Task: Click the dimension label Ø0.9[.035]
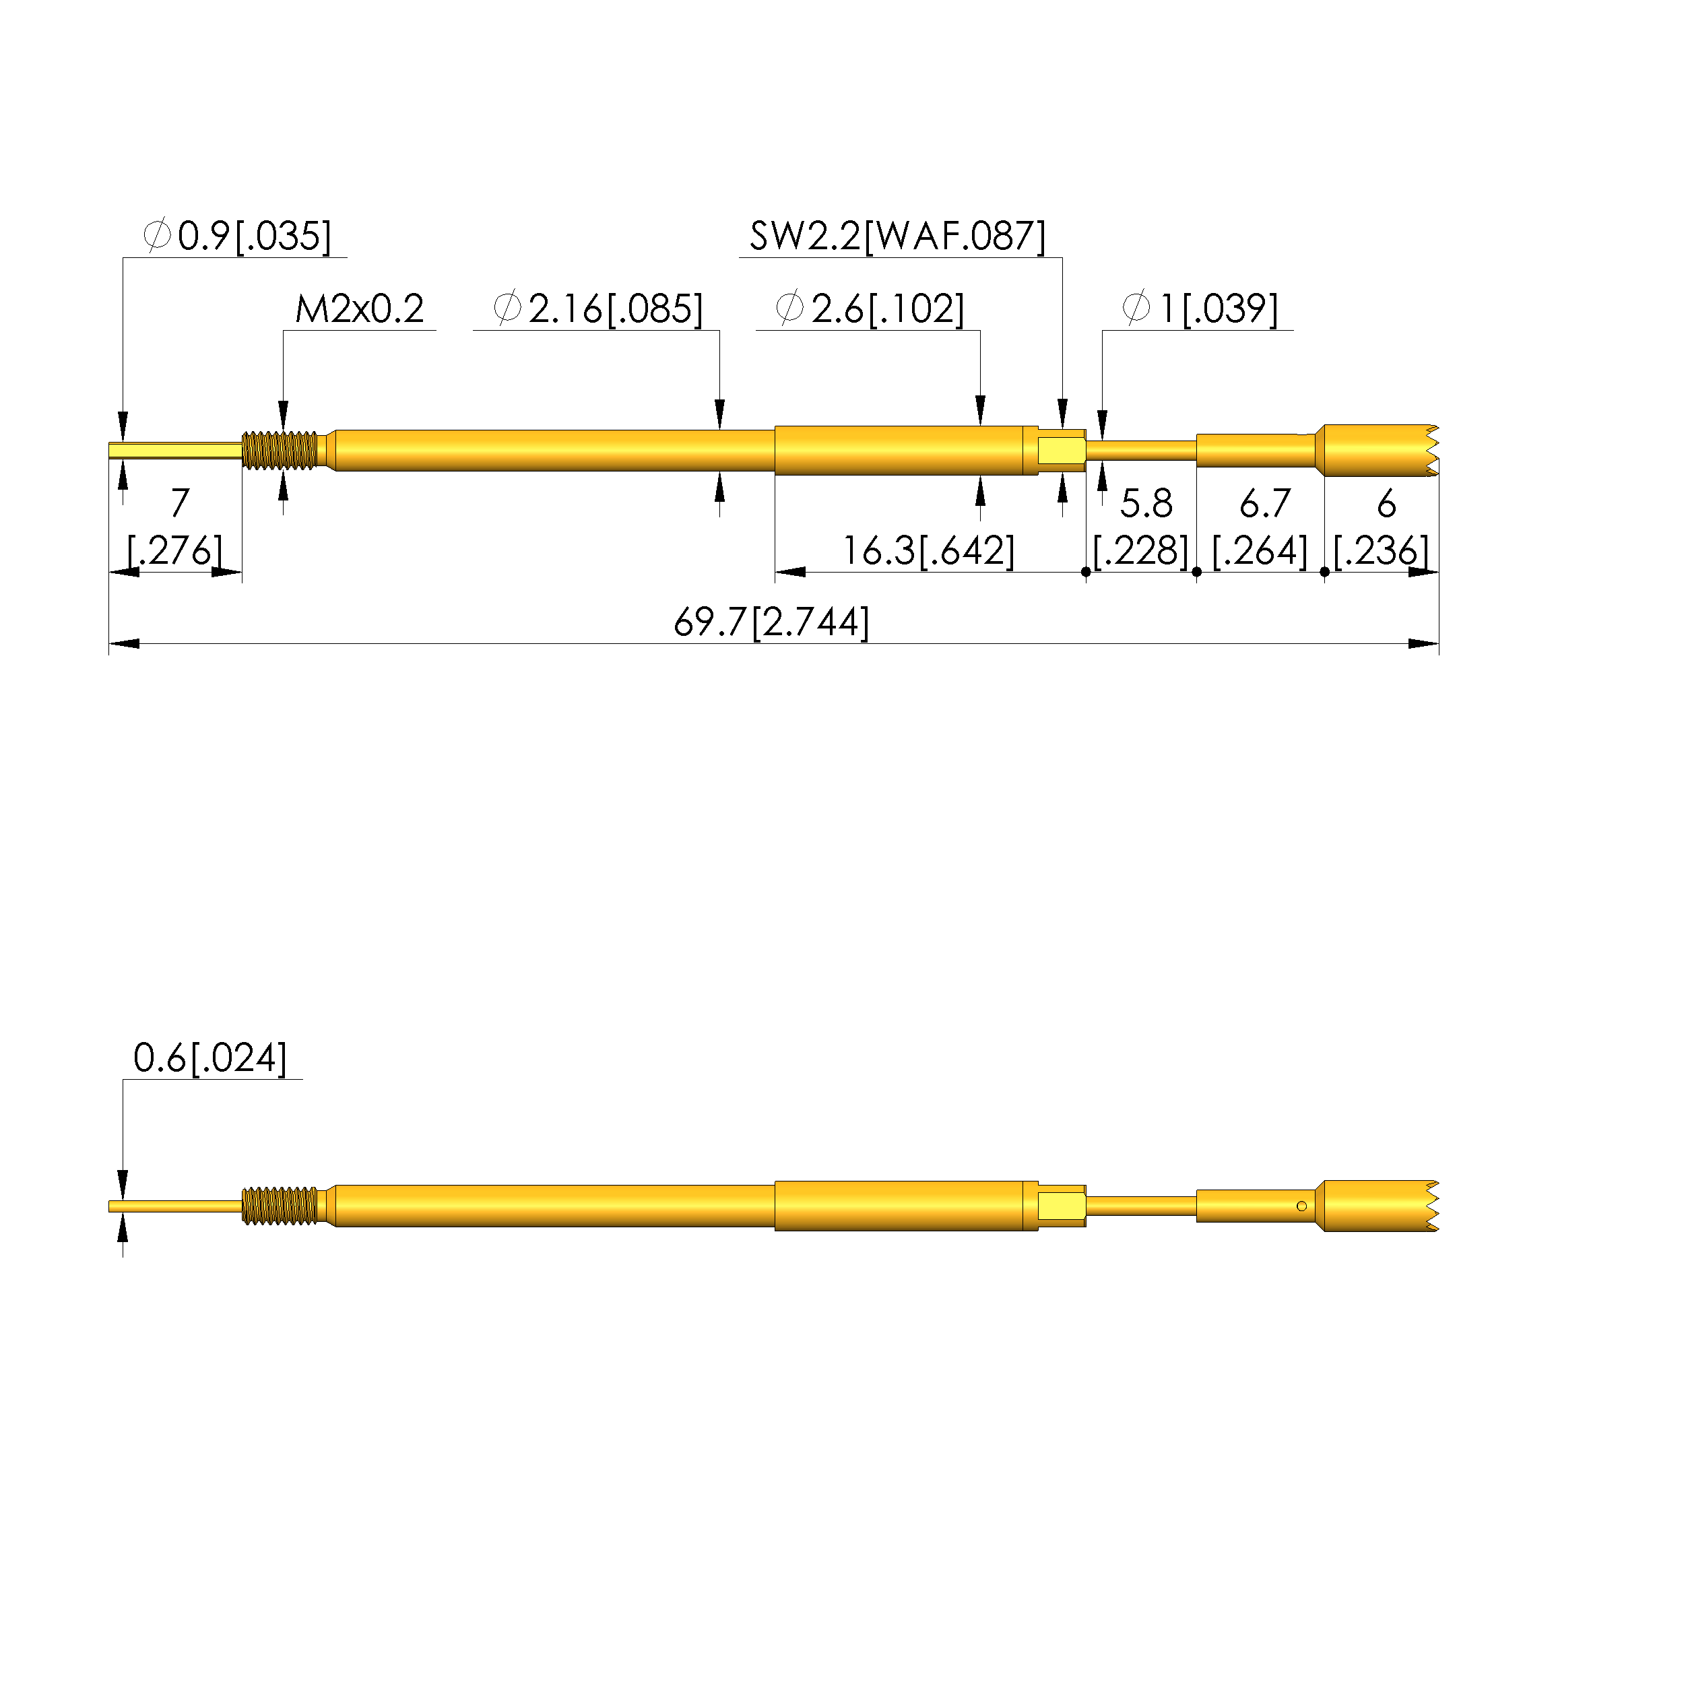(x=237, y=236)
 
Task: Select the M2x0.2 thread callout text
(x=360, y=309)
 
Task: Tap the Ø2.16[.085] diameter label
(x=597, y=309)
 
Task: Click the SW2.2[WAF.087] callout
(x=897, y=236)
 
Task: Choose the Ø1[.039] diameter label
(x=1200, y=309)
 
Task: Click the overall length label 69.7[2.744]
(x=771, y=622)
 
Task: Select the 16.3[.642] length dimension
(x=928, y=550)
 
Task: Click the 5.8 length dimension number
(x=1146, y=504)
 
